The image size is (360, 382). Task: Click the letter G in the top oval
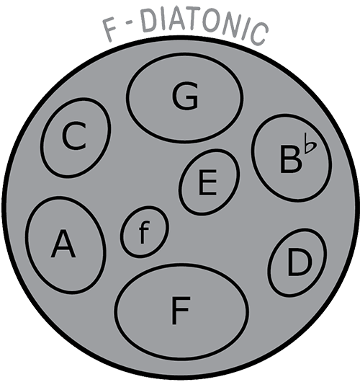pyautogui.click(x=185, y=95)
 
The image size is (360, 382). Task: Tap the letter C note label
pyautogui.click(x=74, y=136)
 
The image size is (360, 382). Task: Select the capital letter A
pyautogui.click(x=63, y=244)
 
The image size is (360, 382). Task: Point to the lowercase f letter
pyautogui.click(x=144, y=232)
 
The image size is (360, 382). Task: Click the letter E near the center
pyautogui.click(x=207, y=182)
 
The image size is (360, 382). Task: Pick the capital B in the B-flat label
pyautogui.click(x=290, y=159)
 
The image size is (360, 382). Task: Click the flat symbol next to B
pyautogui.click(x=310, y=143)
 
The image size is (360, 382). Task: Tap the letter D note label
pyautogui.click(x=300, y=263)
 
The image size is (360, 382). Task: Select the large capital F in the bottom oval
pyautogui.click(x=181, y=311)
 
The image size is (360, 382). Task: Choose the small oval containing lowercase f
pyautogui.click(x=144, y=232)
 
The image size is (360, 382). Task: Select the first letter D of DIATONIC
pyautogui.click(x=149, y=22)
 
